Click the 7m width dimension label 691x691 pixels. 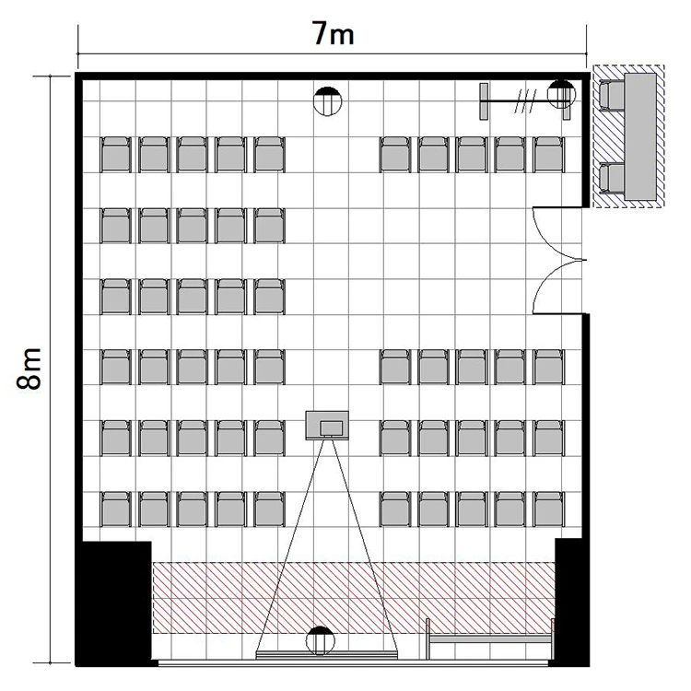(x=334, y=34)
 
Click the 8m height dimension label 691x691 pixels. (x=29, y=369)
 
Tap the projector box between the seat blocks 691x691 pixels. (x=327, y=426)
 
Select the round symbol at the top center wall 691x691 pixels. (x=327, y=101)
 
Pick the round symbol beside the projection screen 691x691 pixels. (x=321, y=640)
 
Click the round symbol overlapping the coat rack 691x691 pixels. (x=561, y=94)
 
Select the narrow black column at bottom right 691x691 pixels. (x=571, y=602)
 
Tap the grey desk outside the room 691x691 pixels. (x=640, y=137)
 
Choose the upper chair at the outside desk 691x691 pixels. (x=612, y=96)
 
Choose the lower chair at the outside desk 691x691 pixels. (x=612, y=178)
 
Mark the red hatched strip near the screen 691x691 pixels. (x=354, y=598)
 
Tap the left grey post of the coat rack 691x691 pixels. (x=484, y=101)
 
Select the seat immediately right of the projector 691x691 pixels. (x=395, y=438)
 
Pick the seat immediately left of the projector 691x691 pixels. (x=269, y=438)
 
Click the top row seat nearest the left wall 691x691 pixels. (x=116, y=154)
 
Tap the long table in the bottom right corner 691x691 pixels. (x=490, y=639)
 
